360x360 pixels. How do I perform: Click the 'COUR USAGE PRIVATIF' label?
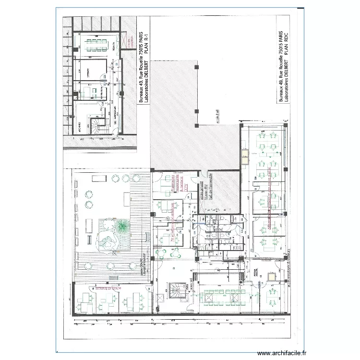tap(142, 271)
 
